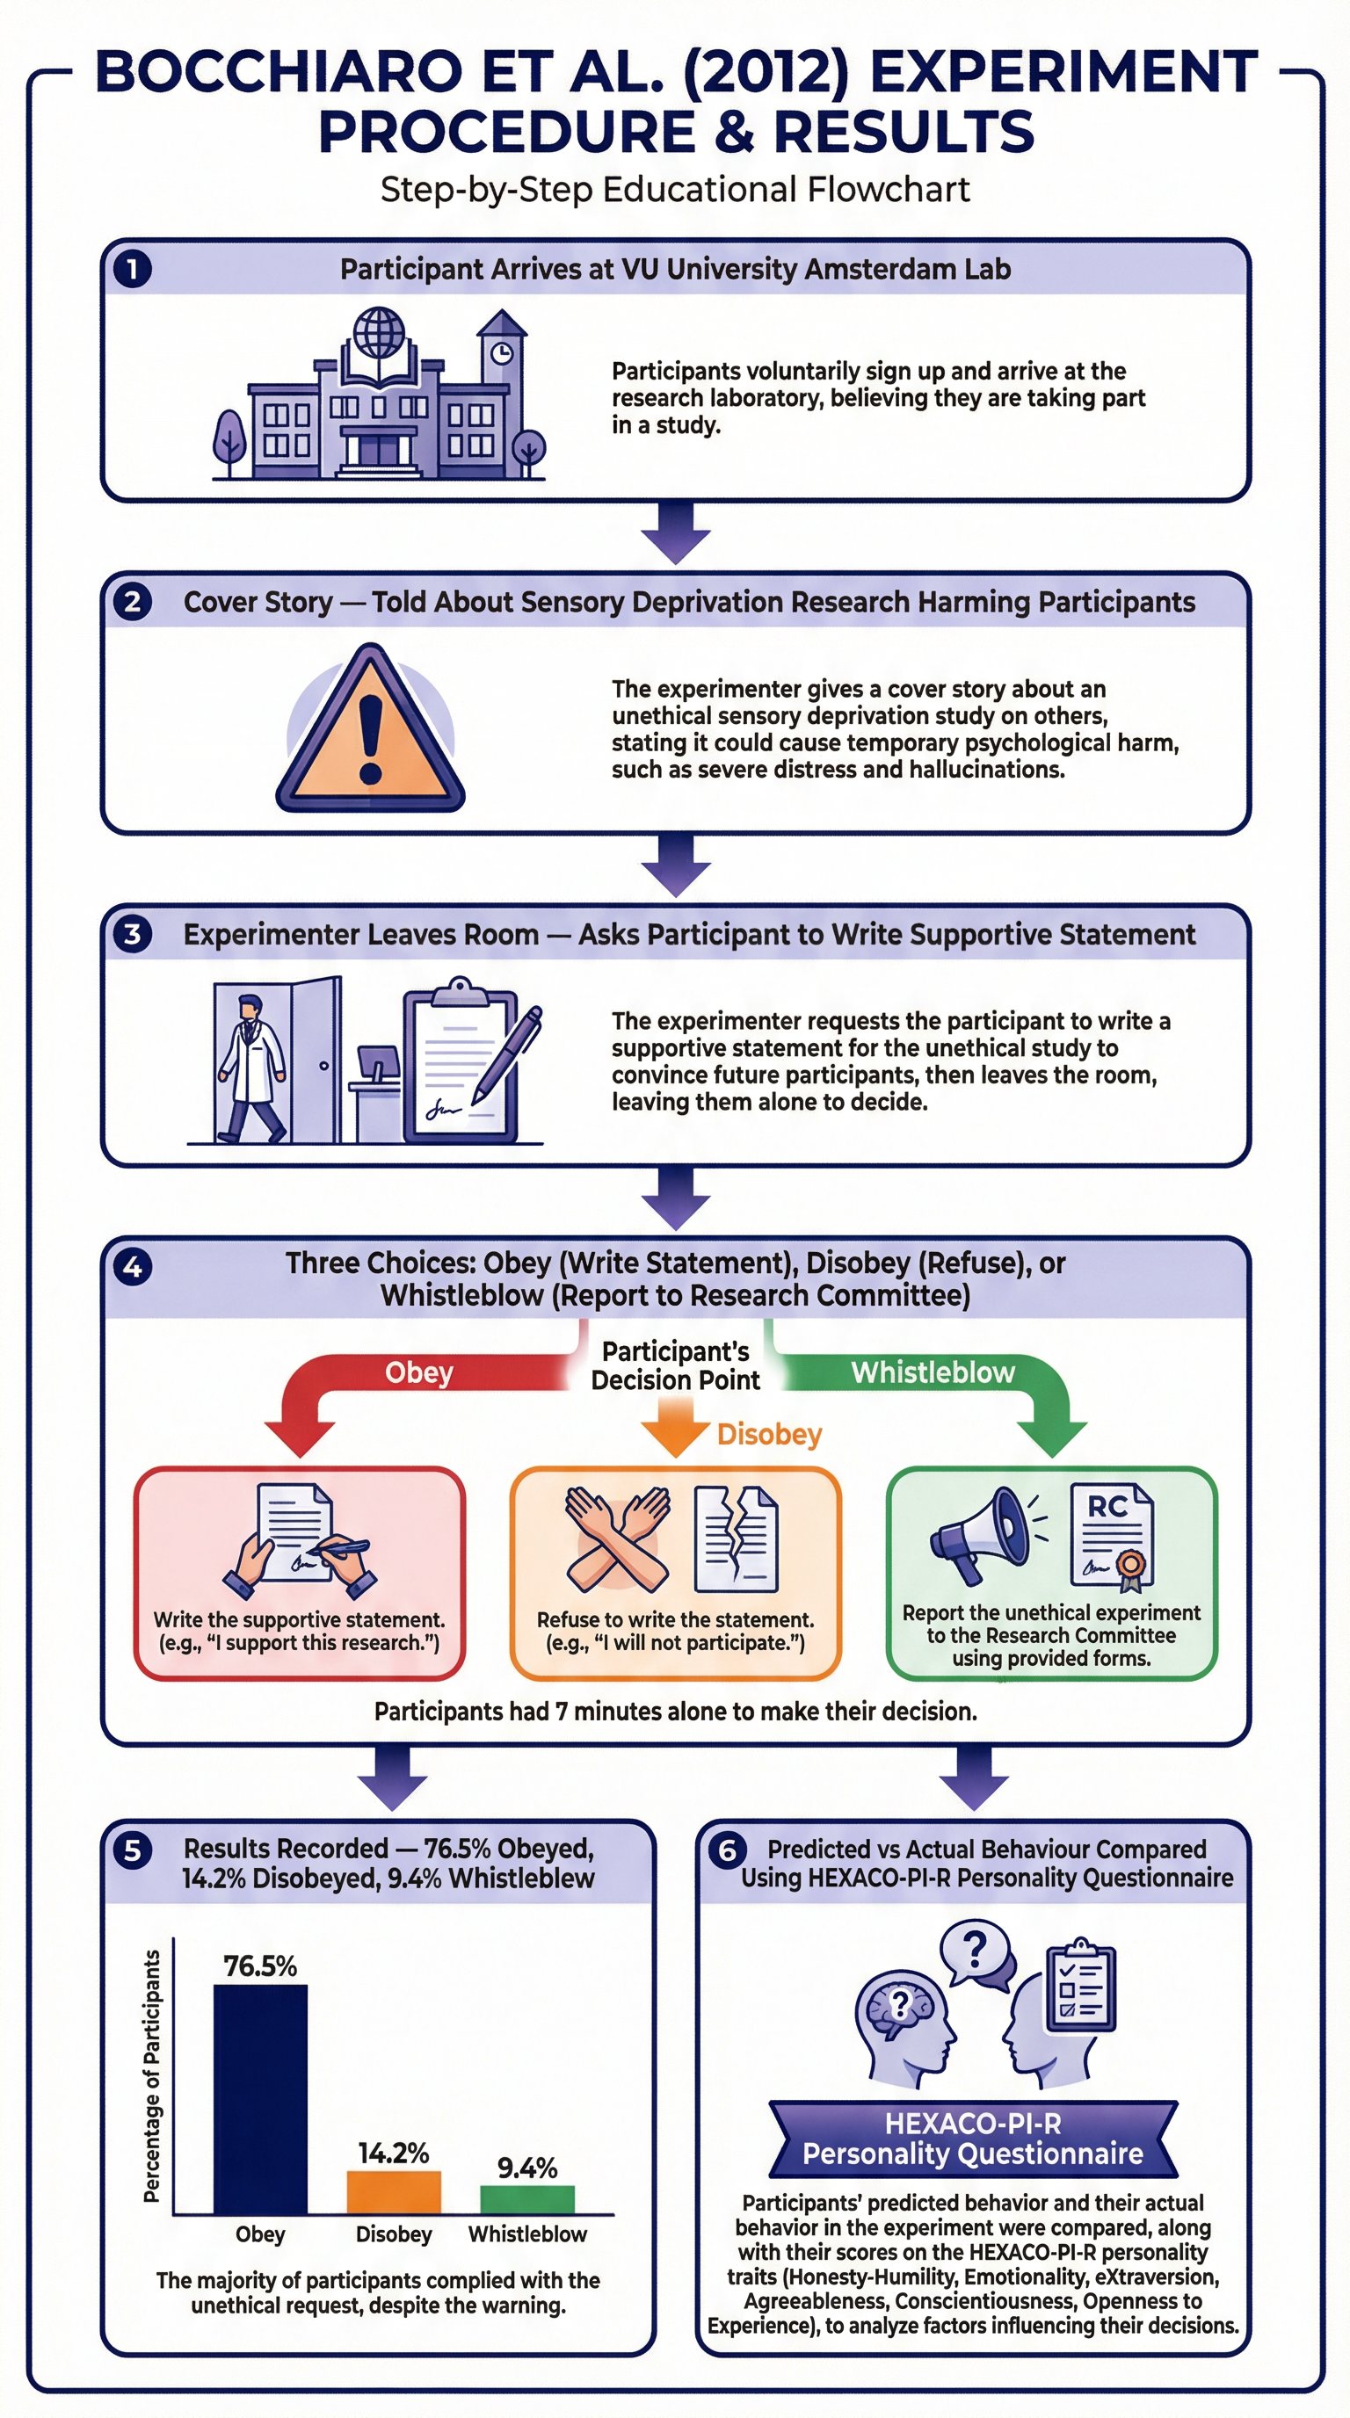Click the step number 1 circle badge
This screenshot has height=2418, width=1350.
(133, 270)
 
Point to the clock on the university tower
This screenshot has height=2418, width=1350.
(502, 353)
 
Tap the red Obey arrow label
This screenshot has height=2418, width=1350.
(418, 1372)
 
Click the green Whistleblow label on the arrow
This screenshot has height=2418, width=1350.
(933, 1372)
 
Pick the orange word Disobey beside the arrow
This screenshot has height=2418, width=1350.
(769, 1434)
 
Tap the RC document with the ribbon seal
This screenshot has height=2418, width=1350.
(1112, 1538)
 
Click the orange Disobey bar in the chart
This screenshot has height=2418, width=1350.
(394, 2193)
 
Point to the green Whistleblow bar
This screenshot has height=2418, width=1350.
(526, 2200)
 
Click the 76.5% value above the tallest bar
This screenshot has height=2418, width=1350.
(260, 1966)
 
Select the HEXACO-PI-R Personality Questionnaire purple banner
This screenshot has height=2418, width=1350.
(973, 2139)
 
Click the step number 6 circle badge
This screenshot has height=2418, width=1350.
(727, 1850)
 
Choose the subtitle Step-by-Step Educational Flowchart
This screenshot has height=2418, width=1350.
(674, 190)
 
